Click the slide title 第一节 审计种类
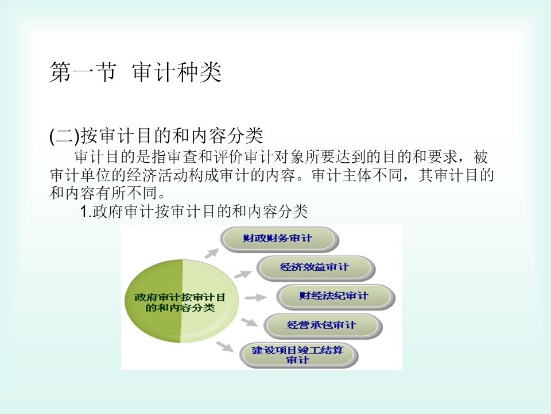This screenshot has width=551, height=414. pos(135,72)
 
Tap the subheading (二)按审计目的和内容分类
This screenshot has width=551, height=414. pos(156,136)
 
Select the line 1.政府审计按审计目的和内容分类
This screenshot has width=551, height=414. pos(194,211)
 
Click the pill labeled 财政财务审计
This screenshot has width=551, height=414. pos(279,239)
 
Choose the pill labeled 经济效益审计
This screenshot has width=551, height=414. pos(316,268)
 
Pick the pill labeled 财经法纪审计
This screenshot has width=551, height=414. pos(335,297)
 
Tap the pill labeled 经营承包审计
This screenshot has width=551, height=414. pos(322,325)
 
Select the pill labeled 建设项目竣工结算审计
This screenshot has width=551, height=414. pos(298,355)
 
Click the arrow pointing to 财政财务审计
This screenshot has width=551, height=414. pos(212,253)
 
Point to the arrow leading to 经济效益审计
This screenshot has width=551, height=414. pos(243,274)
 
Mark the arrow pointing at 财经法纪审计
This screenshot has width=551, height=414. pos(256,298)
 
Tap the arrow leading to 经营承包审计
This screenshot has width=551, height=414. pos(250,322)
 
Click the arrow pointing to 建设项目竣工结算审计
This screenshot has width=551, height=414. pos(225,346)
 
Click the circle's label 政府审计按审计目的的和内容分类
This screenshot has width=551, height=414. pos(180,302)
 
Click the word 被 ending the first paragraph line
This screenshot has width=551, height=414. pos(481,157)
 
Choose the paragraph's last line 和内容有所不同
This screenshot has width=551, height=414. pos(104,193)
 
